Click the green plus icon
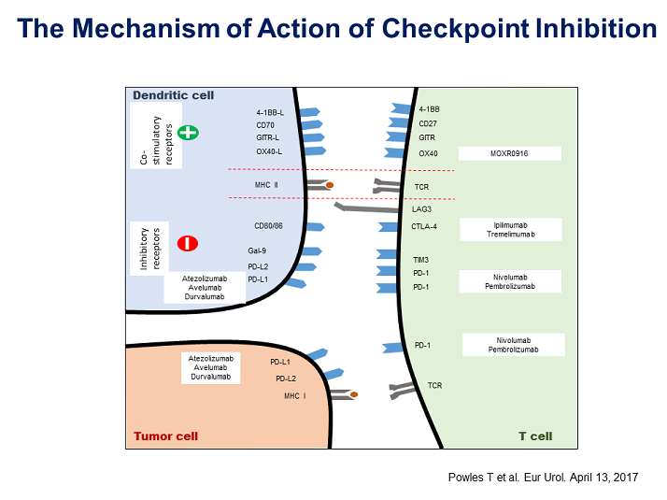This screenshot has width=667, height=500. (189, 133)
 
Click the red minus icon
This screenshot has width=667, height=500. (189, 244)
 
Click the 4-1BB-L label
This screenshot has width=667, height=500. (270, 112)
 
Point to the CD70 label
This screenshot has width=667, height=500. (265, 124)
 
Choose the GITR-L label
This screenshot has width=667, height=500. (268, 137)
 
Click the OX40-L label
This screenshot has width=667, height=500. (270, 150)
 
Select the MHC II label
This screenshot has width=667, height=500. (267, 185)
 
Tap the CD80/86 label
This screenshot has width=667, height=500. (268, 226)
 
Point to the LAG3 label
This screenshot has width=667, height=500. (422, 209)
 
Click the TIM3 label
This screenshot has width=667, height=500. (421, 259)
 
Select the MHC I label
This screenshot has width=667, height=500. (295, 396)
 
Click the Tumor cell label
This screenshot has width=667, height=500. (165, 436)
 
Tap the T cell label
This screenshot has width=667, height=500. (535, 436)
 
